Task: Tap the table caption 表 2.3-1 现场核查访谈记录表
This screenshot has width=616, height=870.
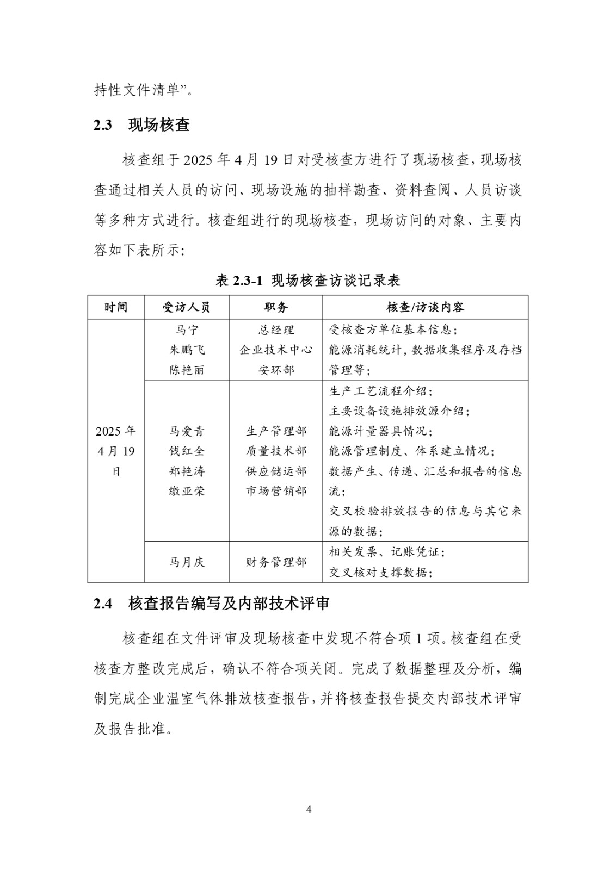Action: pos(308,280)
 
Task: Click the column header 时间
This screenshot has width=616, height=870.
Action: pos(116,307)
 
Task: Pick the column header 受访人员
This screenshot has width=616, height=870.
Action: pos(187,307)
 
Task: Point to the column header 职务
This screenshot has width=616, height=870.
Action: pos(276,307)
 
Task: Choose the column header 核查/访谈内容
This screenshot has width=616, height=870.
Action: pos(425,307)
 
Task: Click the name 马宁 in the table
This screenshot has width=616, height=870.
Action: pos(187,330)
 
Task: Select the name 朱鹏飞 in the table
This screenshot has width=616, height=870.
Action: pos(187,350)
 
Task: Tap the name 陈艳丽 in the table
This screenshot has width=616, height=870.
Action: pos(187,370)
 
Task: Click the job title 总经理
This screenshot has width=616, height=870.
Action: pos(276,330)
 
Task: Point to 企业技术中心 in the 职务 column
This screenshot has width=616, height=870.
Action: pos(276,350)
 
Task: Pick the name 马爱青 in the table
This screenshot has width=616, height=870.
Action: pos(187,431)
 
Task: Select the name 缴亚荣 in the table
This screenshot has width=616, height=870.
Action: pos(187,491)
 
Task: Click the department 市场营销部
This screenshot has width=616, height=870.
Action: pos(276,491)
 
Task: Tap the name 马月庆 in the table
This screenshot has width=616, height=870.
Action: pos(187,562)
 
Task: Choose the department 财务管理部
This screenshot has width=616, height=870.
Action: pos(276,562)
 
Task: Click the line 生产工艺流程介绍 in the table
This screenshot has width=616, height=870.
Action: pos(381,391)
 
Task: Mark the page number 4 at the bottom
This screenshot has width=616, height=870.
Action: pos(309,809)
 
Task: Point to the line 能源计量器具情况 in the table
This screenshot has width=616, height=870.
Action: pos(381,431)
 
